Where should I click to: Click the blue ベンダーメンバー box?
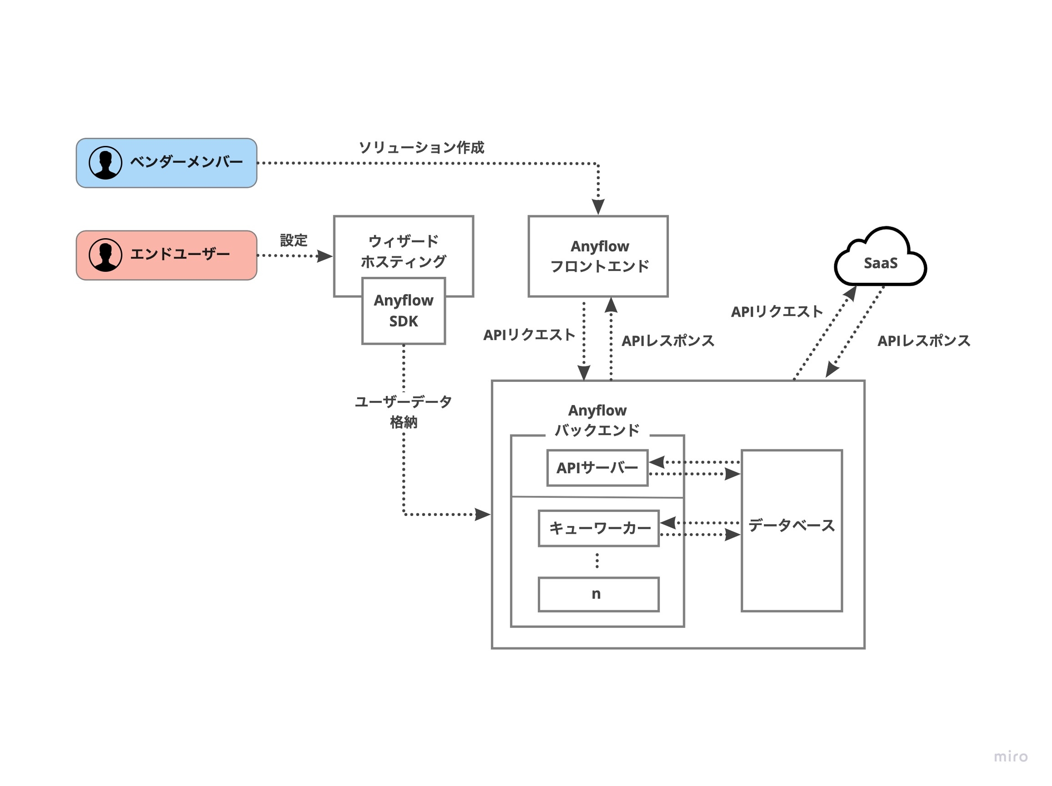click(167, 163)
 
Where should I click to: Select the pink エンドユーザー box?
click(167, 255)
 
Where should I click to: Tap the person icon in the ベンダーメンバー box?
click(105, 162)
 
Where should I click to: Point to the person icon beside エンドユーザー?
click(105, 255)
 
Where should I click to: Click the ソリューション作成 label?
click(421, 147)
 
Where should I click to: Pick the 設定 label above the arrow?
click(294, 240)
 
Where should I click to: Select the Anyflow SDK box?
click(403, 311)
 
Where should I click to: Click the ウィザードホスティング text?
click(403, 251)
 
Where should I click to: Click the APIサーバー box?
click(597, 468)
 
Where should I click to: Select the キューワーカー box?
click(599, 528)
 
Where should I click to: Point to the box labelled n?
click(599, 594)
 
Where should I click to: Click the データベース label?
click(791, 526)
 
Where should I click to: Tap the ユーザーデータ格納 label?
click(403, 411)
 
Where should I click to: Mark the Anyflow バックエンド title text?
click(597, 420)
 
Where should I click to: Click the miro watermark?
click(1010, 756)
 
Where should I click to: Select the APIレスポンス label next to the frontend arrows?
click(668, 341)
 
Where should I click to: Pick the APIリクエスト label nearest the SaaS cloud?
click(777, 312)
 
